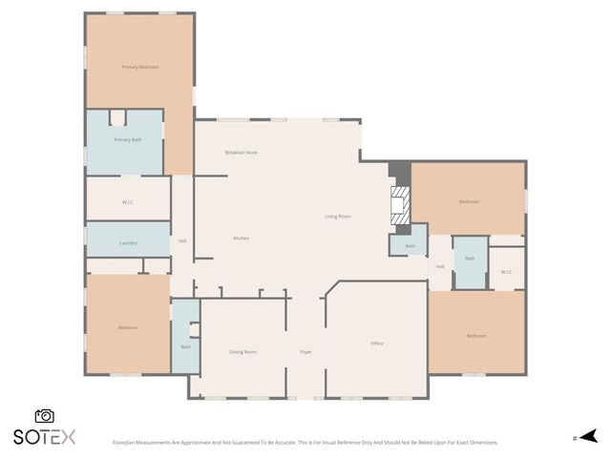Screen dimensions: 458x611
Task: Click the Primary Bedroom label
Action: point(139,67)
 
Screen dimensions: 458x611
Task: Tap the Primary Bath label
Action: point(128,140)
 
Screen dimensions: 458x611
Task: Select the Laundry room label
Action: point(128,243)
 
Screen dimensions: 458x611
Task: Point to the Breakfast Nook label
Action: point(242,153)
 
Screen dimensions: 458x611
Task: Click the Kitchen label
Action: point(242,238)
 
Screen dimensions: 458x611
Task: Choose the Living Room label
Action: point(338,217)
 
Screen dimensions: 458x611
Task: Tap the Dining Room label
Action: point(242,352)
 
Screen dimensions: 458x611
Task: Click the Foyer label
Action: point(305,352)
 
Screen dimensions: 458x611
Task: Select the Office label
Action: point(376,343)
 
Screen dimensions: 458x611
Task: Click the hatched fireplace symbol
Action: point(401,203)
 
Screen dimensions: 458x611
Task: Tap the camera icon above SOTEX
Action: point(44,416)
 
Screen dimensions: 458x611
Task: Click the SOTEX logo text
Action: point(44,437)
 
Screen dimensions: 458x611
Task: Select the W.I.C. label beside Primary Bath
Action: point(128,201)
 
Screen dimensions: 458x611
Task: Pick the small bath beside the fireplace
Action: point(410,246)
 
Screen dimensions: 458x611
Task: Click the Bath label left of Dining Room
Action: point(185,346)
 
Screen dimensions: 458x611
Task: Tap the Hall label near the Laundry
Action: point(182,240)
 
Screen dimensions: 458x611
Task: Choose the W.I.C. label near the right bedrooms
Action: point(506,272)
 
